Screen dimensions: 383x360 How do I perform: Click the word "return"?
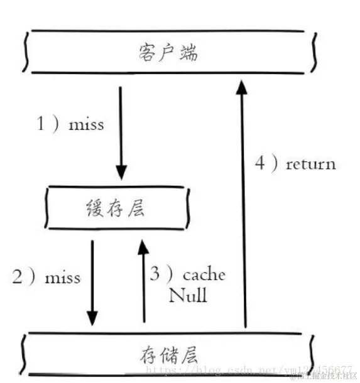[310, 165]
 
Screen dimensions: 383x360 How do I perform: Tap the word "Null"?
[187, 295]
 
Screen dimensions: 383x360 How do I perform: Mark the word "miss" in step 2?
[63, 277]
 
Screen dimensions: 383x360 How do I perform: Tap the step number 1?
[41, 124]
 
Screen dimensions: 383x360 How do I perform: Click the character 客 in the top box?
[146, 53]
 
